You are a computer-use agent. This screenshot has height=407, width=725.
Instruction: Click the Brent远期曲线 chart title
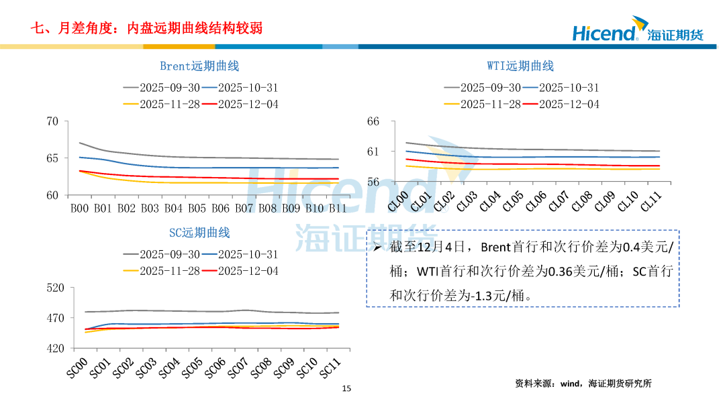tap(199, 66)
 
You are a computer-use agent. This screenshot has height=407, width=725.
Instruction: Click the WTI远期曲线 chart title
tap(520, 66)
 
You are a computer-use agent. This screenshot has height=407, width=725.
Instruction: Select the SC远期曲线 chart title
tap(199, 233)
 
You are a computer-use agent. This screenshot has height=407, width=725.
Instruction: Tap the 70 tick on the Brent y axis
tap(52, 121)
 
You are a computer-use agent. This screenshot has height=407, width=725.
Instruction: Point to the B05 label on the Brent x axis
tap(197, 209)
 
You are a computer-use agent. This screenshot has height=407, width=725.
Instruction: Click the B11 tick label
tap(338, 209)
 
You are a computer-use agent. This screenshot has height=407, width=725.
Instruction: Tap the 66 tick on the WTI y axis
tap(373, 121)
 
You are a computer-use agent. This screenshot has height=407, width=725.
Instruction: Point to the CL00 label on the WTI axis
tap(399, 202)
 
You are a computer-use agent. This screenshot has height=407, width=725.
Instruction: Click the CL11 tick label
tap(651, 202)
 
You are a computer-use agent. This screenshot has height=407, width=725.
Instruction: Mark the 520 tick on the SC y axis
tap(55, 288)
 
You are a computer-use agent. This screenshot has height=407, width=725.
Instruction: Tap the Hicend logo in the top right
tap(638, 32)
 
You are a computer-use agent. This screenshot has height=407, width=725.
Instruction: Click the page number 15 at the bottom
tap(346, 388)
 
